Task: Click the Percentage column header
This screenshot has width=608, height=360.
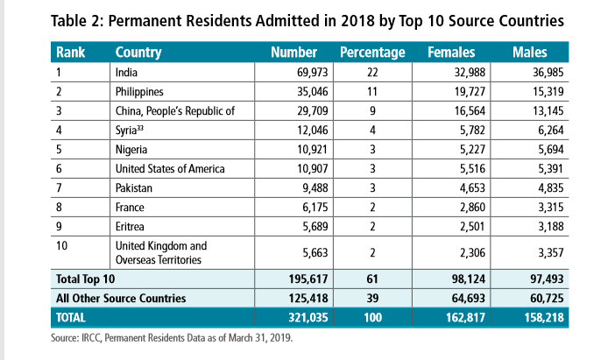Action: point(372,53)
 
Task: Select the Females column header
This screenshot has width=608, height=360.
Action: point(451,53)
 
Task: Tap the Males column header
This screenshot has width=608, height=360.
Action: point(530,53)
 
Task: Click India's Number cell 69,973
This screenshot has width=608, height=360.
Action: point(313,73)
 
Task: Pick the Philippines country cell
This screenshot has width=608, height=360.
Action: point(139,92)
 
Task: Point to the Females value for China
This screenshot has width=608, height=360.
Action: point(470,111)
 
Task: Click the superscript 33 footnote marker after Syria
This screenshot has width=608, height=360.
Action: point(140,128)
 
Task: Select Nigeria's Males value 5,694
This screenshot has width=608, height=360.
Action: point(550,150)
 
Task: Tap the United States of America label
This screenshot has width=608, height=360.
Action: point(170,169)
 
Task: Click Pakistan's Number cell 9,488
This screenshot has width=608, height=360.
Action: point(315,188)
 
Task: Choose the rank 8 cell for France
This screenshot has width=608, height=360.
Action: point(59,208)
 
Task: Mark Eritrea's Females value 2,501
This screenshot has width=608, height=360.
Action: point(472,226)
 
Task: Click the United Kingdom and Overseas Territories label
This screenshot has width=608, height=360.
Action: point(161,252)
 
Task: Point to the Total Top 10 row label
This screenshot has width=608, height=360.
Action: point(85,279)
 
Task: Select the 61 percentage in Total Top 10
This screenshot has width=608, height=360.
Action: point(372,279)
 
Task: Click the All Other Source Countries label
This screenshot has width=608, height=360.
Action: point(121,299)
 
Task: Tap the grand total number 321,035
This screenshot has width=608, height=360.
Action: point(308,318)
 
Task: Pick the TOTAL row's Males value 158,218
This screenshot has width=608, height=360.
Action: point(544,318)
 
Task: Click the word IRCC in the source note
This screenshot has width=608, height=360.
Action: point(91,338)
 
